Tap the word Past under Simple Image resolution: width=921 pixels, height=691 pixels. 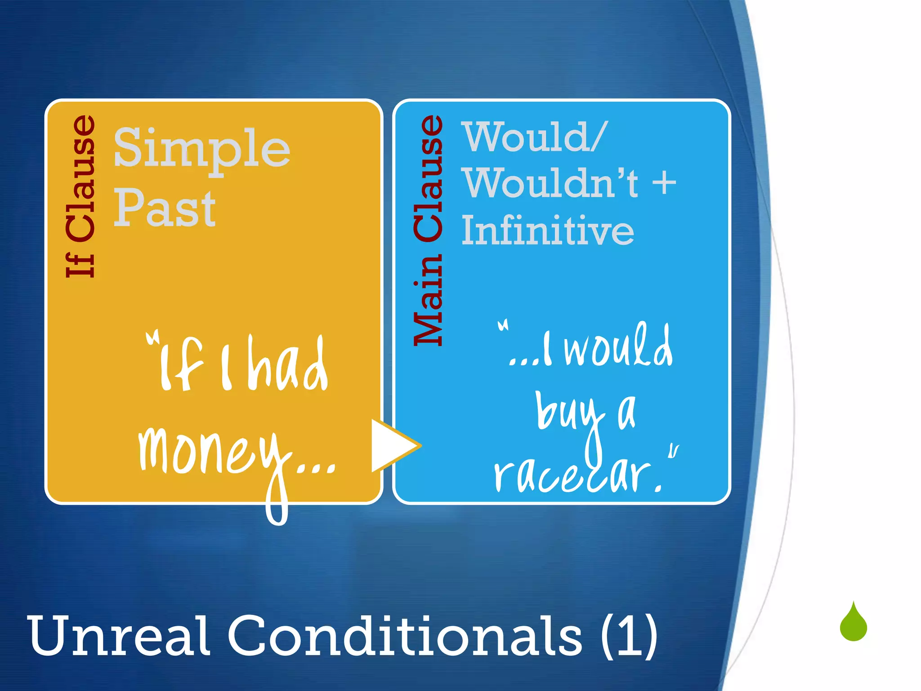[165, 209]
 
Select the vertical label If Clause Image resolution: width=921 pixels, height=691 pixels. [81, 196]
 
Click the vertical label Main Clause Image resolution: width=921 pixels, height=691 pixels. [429, 230]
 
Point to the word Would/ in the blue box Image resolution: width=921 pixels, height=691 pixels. [535, 137]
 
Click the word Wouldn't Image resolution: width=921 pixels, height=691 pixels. [551, 184]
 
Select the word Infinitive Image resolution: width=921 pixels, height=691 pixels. [548, 230]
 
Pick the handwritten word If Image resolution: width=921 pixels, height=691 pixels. [178, 364]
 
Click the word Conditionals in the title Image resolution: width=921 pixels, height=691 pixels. [405, 637]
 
